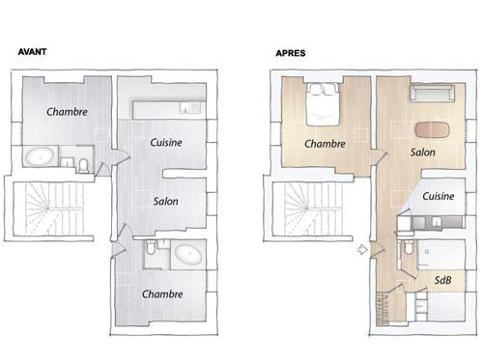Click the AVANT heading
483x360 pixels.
(x=32, y=51)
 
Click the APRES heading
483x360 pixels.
(x=291, y=53)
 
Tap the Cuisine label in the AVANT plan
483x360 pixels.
(x=166, y=142)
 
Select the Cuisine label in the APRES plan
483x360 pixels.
(x=439, y=196)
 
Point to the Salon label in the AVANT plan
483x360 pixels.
(x=165, y=201)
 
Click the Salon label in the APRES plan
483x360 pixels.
(x=422, y=152)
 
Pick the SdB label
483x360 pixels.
(x=442, y=280)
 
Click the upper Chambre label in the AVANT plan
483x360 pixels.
(x=67, y=112)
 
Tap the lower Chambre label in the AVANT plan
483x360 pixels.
(x=162, y=293)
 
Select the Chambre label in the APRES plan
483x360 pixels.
(x=325, y=144)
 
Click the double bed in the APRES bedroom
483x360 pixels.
(x=323, y=104)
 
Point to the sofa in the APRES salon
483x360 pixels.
(x=433, y=93)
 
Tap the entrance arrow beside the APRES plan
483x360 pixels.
(x=363, y=249)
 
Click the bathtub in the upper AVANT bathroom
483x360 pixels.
(x=40, y=156)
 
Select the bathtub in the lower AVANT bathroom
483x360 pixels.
(x=188, y=254)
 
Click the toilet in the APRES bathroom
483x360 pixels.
(x=409, y=247)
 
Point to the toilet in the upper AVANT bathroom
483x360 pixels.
(x=83, y=165)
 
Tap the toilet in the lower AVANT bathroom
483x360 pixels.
(x=151, y=247)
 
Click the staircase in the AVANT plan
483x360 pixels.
(x=53, y=208)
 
